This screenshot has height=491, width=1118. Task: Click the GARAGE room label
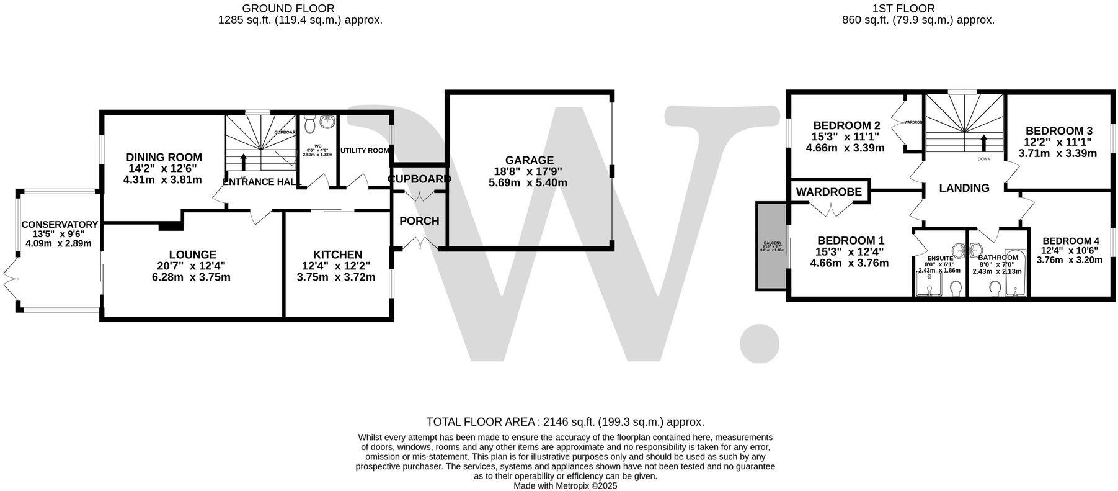coord(528,160)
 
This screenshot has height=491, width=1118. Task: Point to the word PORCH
coord(419,221)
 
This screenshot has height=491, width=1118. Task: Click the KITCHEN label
coord(337,255)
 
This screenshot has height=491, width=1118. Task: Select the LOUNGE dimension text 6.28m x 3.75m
coord(191,277)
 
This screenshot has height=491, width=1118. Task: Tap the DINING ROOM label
coord(164,158)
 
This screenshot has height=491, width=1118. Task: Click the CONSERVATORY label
coord(60,225)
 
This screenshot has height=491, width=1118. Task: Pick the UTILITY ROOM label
coord(365,151)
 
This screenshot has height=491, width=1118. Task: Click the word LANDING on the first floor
coord(964,188)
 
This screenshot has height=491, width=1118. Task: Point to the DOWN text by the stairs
coord(983,159)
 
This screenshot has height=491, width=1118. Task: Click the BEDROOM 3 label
coord(1058,131)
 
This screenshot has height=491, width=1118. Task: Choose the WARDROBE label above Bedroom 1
coord(829,192)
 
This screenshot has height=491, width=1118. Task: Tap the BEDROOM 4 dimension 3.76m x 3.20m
coord(1070,260)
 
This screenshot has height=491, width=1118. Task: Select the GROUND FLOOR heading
coord(288,8)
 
